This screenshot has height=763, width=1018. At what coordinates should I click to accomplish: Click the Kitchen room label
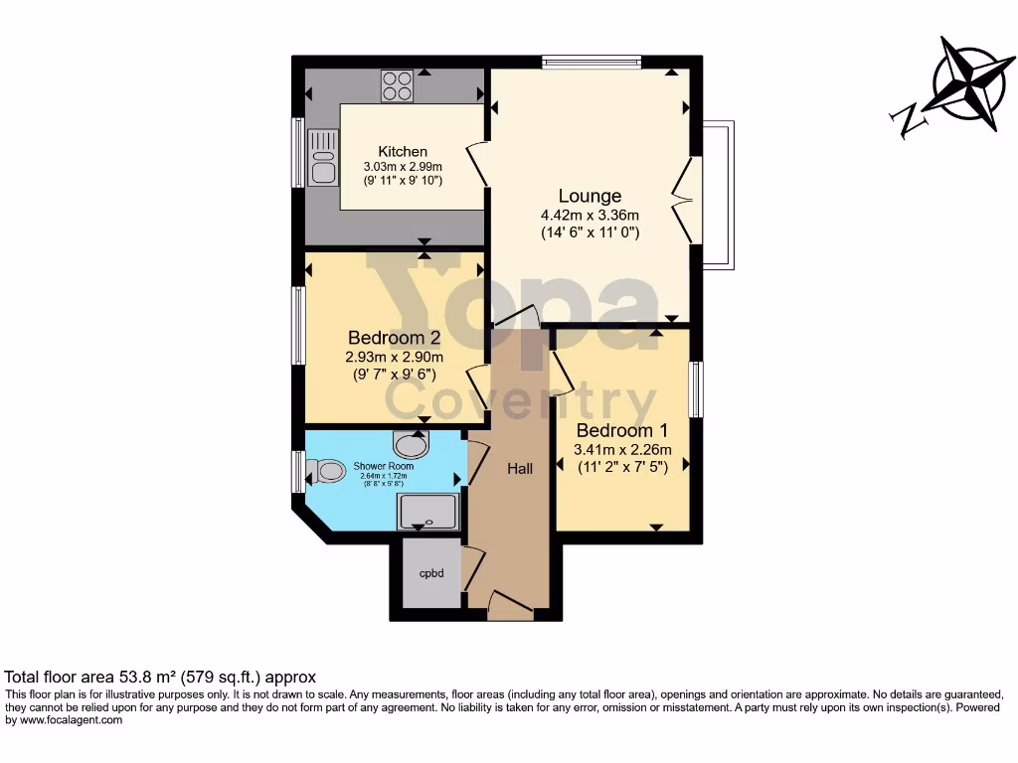click(x=403, y=151)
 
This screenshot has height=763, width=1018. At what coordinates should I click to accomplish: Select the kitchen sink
click(x=322, y=158)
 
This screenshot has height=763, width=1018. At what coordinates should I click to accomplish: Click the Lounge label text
click(x=590, y=196)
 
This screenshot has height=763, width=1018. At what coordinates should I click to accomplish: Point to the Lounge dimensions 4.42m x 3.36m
click(x=590, y=215)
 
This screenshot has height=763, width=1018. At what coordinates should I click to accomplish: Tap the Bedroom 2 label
click(x=394, y=338)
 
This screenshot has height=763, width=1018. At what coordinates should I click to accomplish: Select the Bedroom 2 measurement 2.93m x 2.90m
click(x=394, y=357)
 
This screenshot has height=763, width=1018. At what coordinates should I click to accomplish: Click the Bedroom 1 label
click(x=622, y=431)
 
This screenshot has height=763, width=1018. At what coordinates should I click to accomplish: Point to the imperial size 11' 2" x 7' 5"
click(x=622, y=468)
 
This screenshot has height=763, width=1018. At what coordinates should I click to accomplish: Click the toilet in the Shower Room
click(x=325, y=470)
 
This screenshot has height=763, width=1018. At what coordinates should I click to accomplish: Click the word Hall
click(x=520, y=468)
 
